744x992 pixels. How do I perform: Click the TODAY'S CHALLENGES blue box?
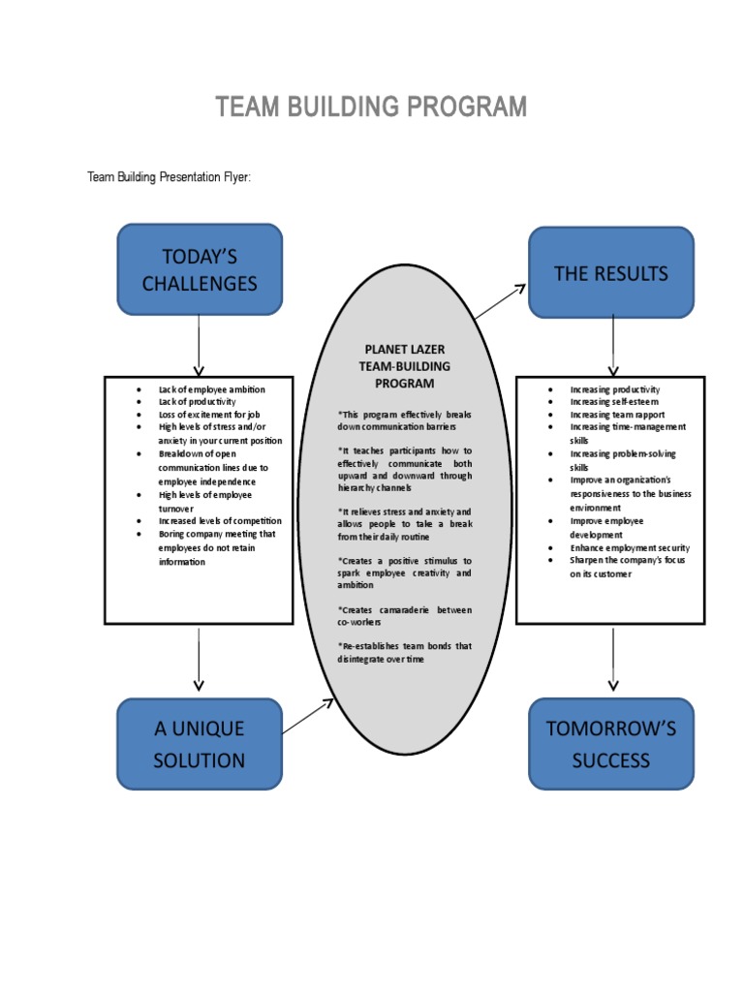pyautogui.click(x=200, y=269)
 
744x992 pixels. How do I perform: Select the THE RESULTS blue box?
pyautogui.click(x=610, y=273)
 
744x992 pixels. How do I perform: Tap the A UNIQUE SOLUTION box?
pyautogui.click(x=200, y=744)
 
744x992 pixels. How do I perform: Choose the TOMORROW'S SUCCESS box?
pyautogui.click(x=610, y=744)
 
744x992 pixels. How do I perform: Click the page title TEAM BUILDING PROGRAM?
pyautogui.click(x=371, y=107)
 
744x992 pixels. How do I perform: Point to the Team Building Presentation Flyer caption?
pyautogui.click(x=170, y=177)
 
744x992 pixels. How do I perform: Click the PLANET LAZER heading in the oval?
pyautogui.click(x=405, y=349)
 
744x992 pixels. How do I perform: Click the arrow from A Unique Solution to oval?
pyautogui.click(x=307, y=716)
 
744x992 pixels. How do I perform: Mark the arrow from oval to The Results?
pyautogui.click(x=500, y=301)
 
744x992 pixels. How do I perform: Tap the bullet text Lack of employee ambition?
pyautogui.click(x=211, y=389)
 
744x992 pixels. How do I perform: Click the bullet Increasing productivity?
pyautogui.click(x=614, y=389)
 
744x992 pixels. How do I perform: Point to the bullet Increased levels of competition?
pyautogui.click(x=220, y=520)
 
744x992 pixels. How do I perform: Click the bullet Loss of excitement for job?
pyautogui.click(x=209, y=415)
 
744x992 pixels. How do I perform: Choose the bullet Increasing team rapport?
pyautogui.click(x=617, y=415)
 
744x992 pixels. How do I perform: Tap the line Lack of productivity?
pyautogui.click(x=197, y=402)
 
